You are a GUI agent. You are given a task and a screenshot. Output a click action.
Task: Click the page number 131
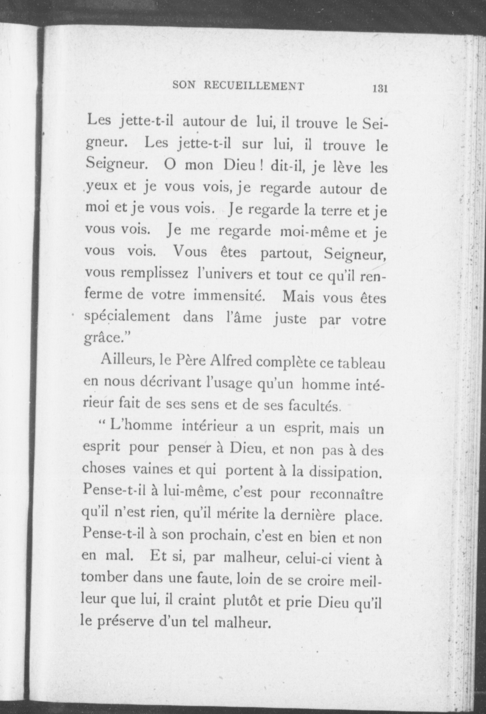point(380,89)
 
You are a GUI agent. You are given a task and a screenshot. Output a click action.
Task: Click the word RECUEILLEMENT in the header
point(253,86)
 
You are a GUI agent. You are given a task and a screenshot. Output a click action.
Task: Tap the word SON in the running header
point(184,85)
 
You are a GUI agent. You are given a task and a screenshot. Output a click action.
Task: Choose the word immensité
point(230,295)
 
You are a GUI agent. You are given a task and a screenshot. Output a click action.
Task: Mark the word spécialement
point(127,317)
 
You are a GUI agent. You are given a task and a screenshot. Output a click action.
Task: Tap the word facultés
point(314,407)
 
